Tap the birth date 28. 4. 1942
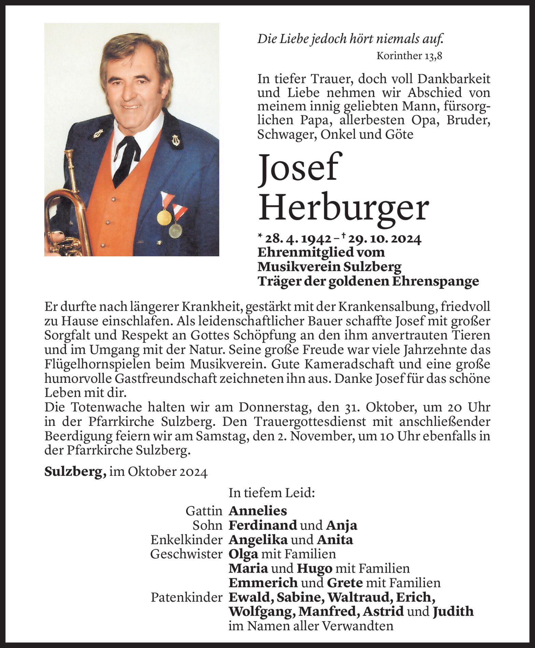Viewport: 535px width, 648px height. pyautogui.click(x=297, y=239)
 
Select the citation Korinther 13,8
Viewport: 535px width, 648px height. pyautogui.click(x=409, y=56)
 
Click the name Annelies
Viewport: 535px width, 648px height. pyautogui.click(x=257, y=511)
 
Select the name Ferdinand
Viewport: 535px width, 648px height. pyautogui.click(x=263, y=525)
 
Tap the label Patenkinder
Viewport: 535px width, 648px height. pyautogui.click(x=186, y=597)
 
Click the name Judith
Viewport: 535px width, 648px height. pyautogui.click(x=453, y=611)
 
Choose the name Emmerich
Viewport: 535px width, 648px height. pyautogui.click(x=263, y=583)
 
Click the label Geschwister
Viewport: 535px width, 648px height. pyautogui.click(x=186, y=554)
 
